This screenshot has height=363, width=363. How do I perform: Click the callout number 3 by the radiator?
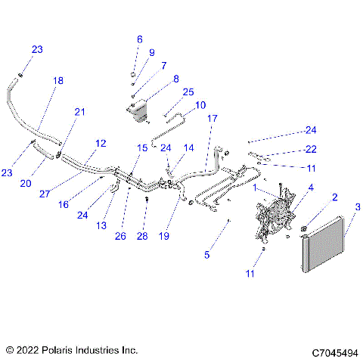click(349, 207)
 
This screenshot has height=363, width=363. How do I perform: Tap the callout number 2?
click(334, 197)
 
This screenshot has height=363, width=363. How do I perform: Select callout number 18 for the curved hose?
click(58, 80)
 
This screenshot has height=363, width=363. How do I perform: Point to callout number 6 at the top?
click(139, 39)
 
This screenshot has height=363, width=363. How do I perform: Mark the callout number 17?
click(213, 119)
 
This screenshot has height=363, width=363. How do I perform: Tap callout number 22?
click(311, 149)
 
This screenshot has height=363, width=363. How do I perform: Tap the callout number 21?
click(79, 112)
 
